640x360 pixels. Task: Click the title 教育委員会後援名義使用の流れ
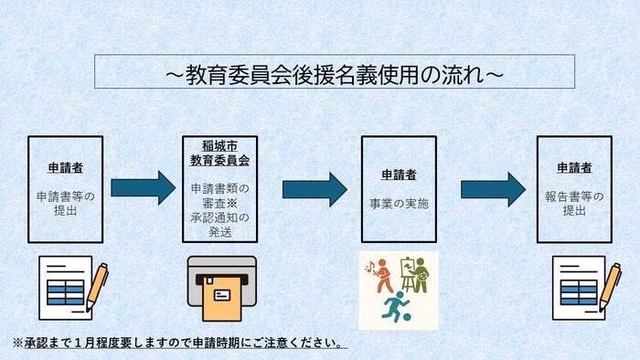(x=334, y=71)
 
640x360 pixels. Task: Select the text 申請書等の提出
(x=65, y=202)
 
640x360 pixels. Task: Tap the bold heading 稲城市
(x=219, y=145)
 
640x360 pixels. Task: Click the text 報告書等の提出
(x=574, y=202)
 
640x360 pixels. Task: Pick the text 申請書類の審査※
(x=219, y=195)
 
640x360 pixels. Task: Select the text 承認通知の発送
(x=219, y=224)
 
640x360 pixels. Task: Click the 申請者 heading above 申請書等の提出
(x=65, y=169)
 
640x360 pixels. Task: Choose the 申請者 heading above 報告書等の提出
(x=574, y=169)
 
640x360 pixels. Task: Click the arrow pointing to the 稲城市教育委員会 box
(x=143, y=189)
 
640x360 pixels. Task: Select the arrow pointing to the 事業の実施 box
(x=314, y=189)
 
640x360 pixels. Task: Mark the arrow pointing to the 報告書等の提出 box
(x=492, y=189)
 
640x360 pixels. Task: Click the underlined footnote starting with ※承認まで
(x=179, y=344)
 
